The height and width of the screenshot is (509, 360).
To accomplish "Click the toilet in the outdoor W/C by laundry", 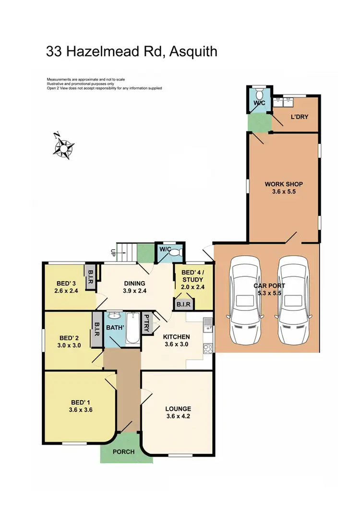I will (259, 92).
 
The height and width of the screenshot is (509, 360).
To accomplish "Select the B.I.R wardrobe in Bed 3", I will (91, 279).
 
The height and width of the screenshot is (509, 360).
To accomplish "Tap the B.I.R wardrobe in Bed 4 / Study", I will (184, 304).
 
